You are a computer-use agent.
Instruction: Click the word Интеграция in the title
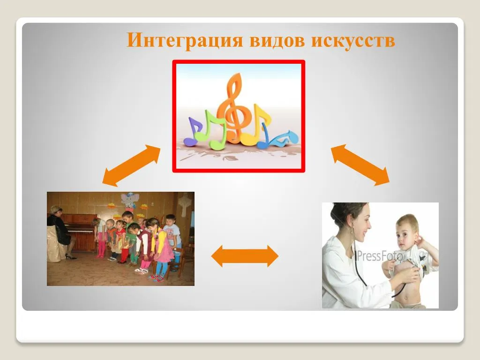[x=185, y=40]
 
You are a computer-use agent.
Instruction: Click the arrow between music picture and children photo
[x=131, y=165]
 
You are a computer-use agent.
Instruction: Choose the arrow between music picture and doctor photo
[x=360, y=165]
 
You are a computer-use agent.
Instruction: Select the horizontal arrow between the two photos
[x=245, y=256]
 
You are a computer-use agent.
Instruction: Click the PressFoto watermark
[x=380, y=255]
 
